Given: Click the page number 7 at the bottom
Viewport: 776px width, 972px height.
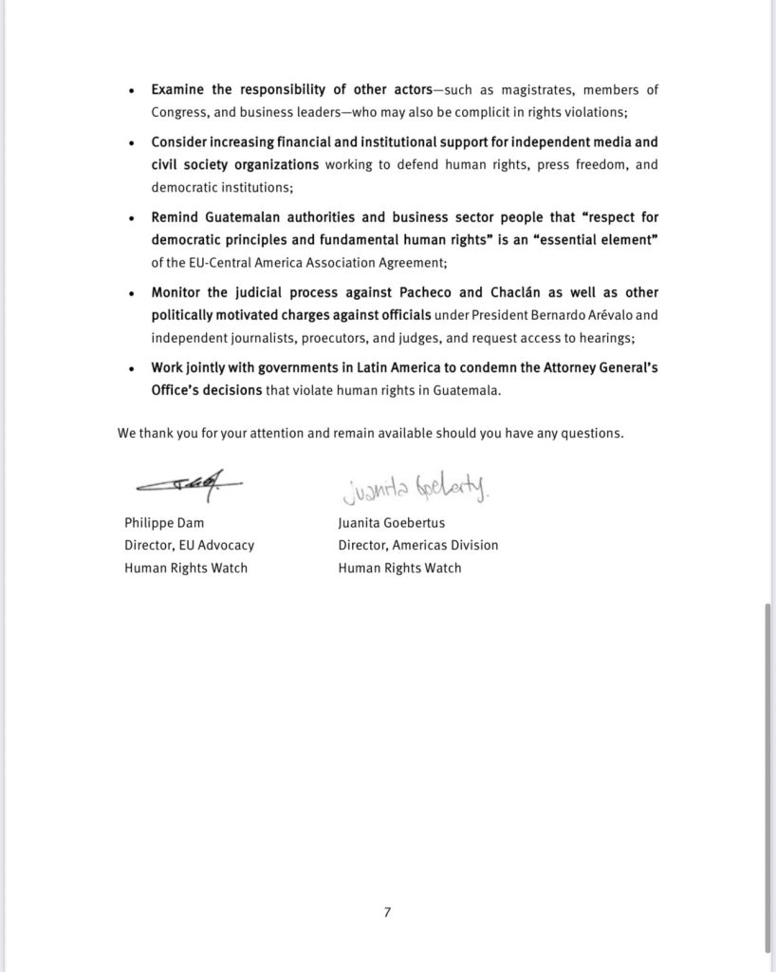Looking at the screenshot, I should (x=387, y=912).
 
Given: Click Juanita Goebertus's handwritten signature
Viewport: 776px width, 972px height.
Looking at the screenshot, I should (x=411, y=489).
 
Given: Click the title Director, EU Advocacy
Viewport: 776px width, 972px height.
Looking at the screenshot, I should (x=189, y=546).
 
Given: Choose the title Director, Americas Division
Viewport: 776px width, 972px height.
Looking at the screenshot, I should (x=417, y=546).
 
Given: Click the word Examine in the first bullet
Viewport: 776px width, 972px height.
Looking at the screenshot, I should (x=176, y=90).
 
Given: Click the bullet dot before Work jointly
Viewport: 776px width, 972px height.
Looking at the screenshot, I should (x=131, y=369).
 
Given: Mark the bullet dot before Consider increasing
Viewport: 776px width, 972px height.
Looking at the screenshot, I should (x=131, y=142).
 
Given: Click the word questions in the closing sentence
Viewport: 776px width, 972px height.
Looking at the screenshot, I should (x=594, y=434).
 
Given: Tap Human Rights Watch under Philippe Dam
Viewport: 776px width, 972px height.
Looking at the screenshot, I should (x=186, y=568).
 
